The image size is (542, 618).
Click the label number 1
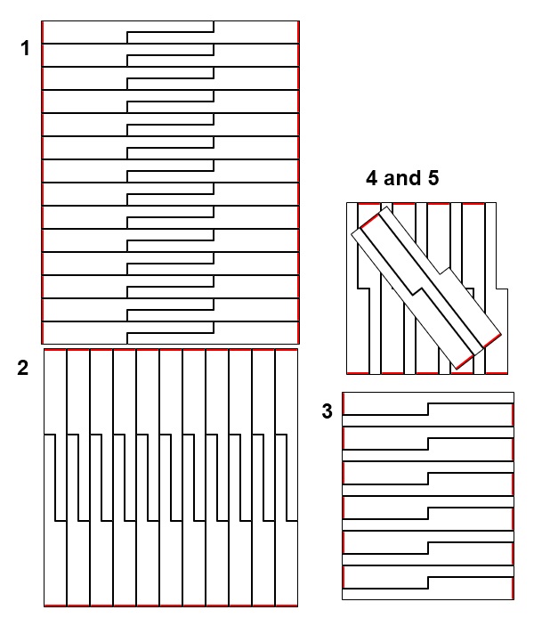25,48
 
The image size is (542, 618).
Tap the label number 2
23,368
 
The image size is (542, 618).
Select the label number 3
327,411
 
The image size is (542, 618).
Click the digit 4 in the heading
372,178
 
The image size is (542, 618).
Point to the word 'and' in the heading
402,178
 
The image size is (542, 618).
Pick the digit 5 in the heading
433,178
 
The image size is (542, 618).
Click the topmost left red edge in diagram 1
43,32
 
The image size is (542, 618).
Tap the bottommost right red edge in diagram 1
298,333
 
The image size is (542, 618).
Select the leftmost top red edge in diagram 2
55,350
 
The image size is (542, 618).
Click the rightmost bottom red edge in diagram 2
287,606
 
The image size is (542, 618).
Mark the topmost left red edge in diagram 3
344,403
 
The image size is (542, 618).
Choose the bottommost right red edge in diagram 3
513,588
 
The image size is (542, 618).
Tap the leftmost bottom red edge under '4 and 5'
358,373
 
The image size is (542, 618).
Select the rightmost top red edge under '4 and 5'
473,204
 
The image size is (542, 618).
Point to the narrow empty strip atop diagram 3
428,397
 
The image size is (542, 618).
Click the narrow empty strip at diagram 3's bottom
428,594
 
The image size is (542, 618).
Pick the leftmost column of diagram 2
55,477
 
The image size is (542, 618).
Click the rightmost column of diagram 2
287,477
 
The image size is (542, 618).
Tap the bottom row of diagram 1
170,333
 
